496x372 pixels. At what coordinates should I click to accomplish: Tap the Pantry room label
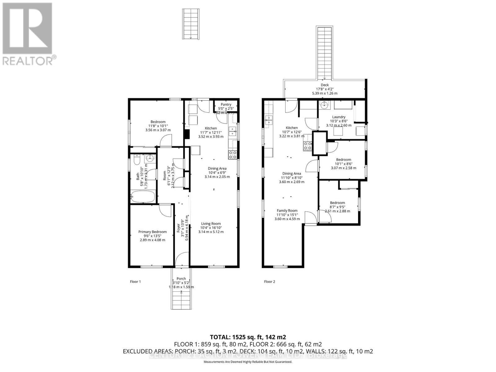click(x=226, y=105)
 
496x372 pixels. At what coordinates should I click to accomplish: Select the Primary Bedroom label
click(x=152, y=232)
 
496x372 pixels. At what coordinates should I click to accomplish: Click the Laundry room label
click(x=339, y=117)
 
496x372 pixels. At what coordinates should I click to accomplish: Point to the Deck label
click(x=325, y=85)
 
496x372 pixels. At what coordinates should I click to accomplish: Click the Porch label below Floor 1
click(x=181, y=279)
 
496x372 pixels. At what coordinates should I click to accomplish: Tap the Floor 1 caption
click(x=135, y=282)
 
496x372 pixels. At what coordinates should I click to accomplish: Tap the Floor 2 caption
click(x=269, y=282)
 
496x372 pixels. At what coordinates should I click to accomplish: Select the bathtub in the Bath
click(x=143, y=197)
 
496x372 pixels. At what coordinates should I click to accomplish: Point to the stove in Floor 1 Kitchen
click(x=233, y=154)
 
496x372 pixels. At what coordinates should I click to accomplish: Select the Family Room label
click(x=287, y=211)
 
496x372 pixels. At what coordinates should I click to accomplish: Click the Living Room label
click(x=211, y=224)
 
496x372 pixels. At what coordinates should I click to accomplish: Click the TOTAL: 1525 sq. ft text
click(x=248, y=337)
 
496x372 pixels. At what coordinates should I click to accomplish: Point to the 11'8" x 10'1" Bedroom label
click(x=158, y=122)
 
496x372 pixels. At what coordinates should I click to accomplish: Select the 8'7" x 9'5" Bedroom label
click(x=337, y=203)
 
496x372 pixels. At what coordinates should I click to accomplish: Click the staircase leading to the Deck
click(x=325, y=53)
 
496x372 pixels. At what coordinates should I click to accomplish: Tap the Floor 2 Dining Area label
click(x=291, y=174)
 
